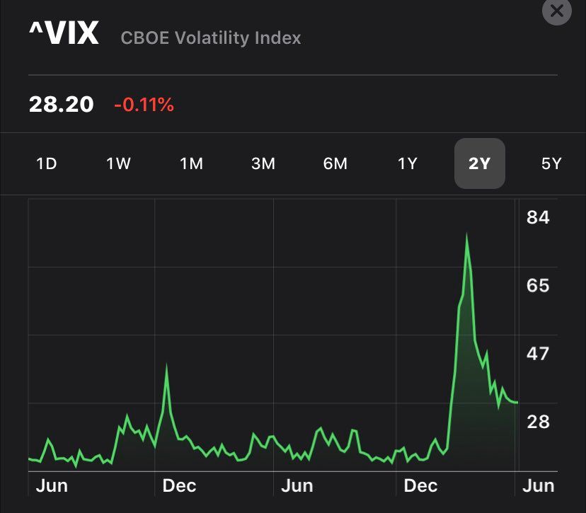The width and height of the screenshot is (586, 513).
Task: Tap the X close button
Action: coord(556,11)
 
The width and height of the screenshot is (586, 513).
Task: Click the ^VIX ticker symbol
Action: coord(64,33)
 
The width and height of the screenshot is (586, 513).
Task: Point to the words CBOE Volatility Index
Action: coord(211,38)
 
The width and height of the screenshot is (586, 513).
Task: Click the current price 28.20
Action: coord(61,105)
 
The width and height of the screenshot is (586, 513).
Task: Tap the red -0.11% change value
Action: coord(144,105)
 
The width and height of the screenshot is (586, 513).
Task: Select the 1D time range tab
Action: coord(46,164)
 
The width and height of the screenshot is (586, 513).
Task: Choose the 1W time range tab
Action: coord(118,164)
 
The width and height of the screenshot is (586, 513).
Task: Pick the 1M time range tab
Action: coord(191,164)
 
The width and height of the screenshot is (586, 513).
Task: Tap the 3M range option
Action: coord(263,164)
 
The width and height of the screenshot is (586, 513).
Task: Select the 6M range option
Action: coord(335,164)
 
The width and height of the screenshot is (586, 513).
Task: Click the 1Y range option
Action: coord(407,164)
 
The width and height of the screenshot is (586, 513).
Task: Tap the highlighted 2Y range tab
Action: coord(479,164)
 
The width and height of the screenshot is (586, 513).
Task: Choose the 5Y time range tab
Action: coord(551,164)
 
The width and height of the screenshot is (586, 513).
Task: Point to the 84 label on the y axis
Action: coord(538,217)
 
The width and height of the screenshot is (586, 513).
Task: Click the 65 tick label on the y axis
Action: coord(538,285)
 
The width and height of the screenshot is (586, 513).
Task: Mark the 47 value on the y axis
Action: coord(538,353)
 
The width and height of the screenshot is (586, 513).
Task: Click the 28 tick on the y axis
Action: coord(538,422)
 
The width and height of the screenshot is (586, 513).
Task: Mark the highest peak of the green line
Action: coord(467,234)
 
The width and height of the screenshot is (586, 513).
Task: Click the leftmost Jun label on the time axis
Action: coord(51,486)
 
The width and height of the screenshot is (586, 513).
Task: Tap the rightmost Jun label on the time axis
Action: coord(538,486)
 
